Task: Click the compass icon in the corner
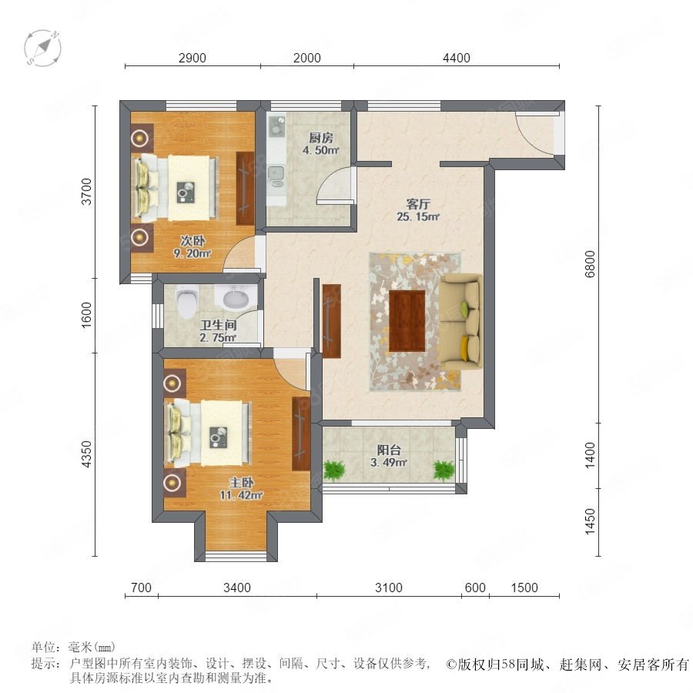pyautogui.click(x=43, y=48)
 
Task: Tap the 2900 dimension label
pyautogui.click(x=192, y=58)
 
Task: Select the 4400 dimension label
pyautogui.click(x=457, y=58)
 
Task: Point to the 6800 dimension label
pyautogui.click(x=590, y=264)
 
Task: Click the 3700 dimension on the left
pyautogui.click(x=86, y=192)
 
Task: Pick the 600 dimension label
pyautogui.click(x=475, y=588)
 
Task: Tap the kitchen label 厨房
pyautogui.click(x=321, y=138)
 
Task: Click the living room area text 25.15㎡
pyautogui.click(x=417, y=216)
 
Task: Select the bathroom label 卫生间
pyautogui.click(x=219, y=325)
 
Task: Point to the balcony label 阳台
pyautogui.click(x=389, y=450)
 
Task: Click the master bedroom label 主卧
pyautogui.click(x=241, y=483)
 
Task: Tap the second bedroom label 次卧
pyautogui.click(x=192, y=241)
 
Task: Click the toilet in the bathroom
pyautogui.click(x=186, y=301)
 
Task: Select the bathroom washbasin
pyautogui.click(x=236, y=297)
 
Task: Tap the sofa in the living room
pyautogui.click(x=460, y=322)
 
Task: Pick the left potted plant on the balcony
pyautogui.click(x=334, y=470)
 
